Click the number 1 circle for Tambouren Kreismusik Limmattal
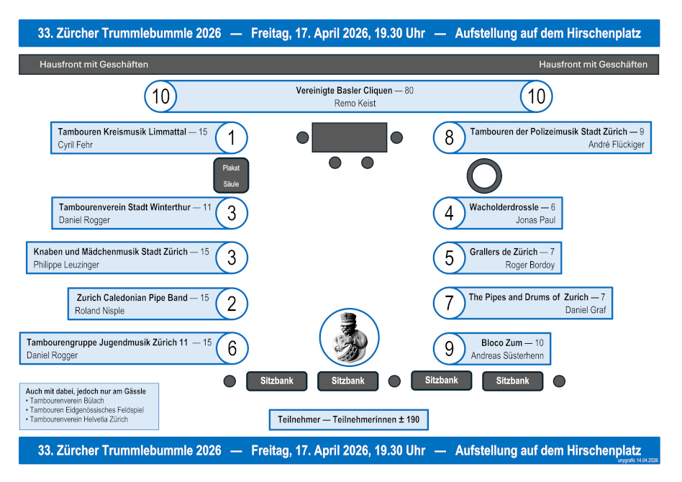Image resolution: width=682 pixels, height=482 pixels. coord(232,137)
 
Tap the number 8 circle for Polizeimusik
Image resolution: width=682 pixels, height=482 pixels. coord(450,137)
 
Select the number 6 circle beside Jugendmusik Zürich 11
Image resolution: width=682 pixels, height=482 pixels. coord(232,348)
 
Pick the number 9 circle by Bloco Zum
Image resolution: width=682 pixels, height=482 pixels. coord(450,349)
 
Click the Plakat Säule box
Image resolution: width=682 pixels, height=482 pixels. coord(231,176)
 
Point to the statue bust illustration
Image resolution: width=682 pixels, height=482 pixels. coord(349,338)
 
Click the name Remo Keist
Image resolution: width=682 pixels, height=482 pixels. coord(355,104)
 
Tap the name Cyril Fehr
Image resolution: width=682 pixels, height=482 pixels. coord(76,145)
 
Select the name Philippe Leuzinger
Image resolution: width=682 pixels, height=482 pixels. coord(66,265)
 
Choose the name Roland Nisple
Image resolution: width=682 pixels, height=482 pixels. coord(99,311)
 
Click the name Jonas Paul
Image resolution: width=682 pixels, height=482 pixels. coord(535,220)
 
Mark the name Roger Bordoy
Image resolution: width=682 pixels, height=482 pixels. coord(530,265)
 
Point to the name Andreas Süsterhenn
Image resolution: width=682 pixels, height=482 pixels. coord(507,356)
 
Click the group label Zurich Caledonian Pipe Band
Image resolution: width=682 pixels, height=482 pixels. coord(132,298)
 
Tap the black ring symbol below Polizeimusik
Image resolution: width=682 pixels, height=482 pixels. coord(485,176)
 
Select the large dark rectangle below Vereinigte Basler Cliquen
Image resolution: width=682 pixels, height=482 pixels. coord(350,137)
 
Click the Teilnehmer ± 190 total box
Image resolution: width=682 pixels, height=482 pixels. coord(348,419)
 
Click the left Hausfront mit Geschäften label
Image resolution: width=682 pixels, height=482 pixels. coord(94,65)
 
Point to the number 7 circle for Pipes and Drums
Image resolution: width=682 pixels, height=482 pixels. coord(450,303)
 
